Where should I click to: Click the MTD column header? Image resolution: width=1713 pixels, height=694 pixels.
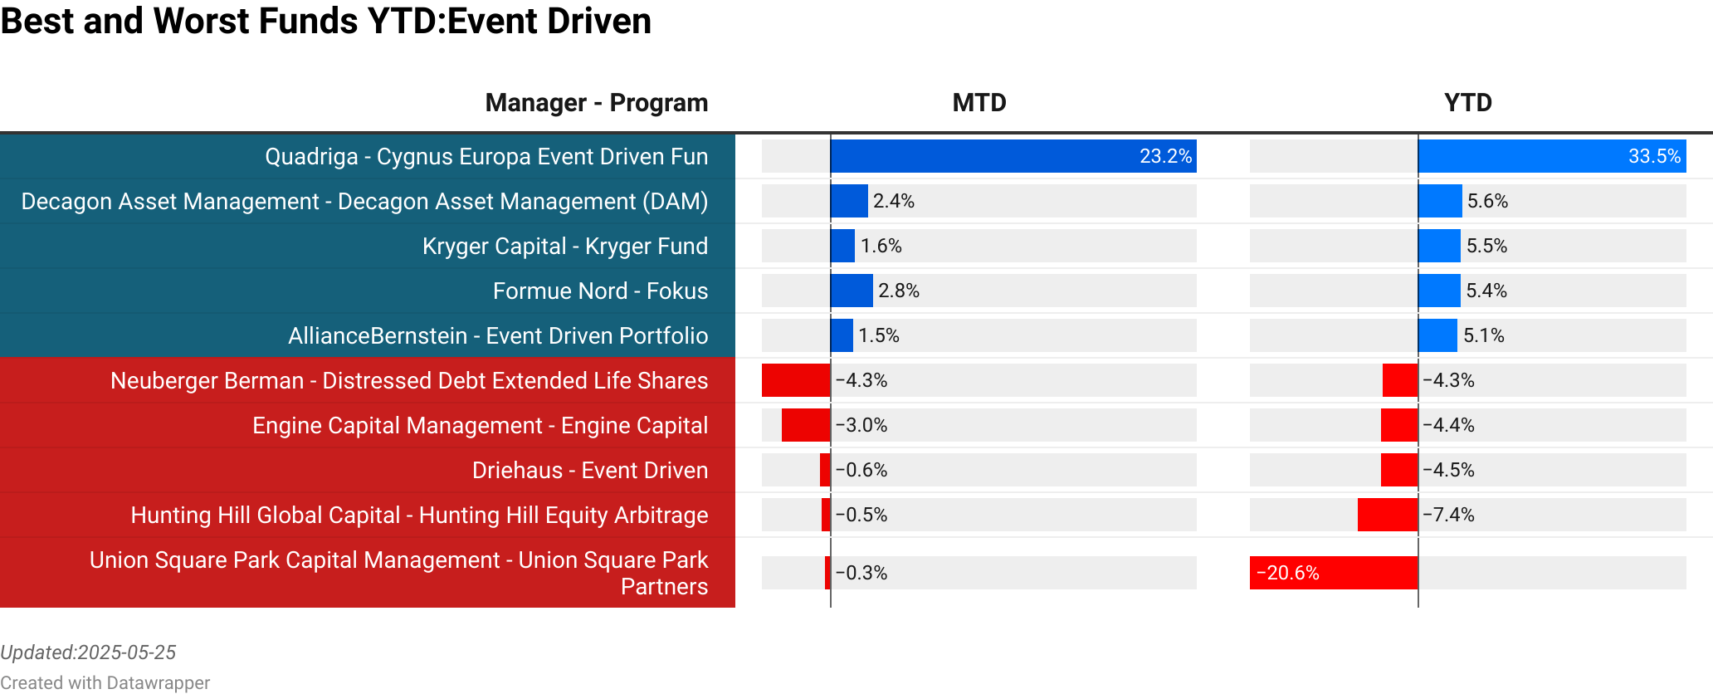click(x=979, y=103)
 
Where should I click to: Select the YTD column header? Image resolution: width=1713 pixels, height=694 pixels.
click(x=1467, y=103)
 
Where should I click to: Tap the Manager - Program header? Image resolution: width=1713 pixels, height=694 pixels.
click(x=596, y=103)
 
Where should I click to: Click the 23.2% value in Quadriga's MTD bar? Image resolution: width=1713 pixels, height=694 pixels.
click(x=1164, y=156)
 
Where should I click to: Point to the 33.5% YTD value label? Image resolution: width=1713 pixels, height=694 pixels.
click(x=1653, y=156)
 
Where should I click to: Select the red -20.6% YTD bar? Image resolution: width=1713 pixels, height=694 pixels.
click(x=1333, y=573)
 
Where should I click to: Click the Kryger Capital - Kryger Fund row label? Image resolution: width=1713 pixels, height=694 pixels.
click(x=564, y=247)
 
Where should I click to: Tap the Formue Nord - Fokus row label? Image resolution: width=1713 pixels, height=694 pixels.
click(x=600, y=291)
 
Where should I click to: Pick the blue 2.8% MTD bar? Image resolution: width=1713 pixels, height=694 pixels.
click(x=852, y=291)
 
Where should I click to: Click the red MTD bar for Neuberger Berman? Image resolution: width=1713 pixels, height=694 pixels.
click(x=796, y=380)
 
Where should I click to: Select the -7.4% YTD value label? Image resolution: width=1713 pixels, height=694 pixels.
click(x=1448, y=515)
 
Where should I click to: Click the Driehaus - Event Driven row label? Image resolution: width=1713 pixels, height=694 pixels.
click(x=589, y=471)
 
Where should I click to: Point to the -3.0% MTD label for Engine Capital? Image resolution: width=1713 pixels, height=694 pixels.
click(x=861, y=425)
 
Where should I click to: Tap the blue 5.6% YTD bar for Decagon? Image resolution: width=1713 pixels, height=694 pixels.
click(x=1440, y=201)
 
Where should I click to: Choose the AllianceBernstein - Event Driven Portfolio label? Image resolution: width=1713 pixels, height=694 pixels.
click(x=498, y=336)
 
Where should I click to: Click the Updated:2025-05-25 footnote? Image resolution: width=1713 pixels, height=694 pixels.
click(x=88, y=652)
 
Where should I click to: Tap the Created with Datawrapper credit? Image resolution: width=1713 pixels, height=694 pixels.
click(x=105, y=682)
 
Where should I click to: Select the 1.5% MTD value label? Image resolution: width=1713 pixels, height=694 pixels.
click(x=878, y=335)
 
